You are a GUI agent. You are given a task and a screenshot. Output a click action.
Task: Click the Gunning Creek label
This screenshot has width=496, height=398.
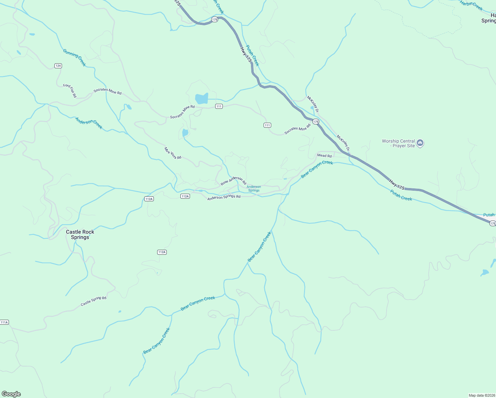coord(74,57)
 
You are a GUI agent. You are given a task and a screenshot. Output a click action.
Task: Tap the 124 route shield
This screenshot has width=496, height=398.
coord(58,66)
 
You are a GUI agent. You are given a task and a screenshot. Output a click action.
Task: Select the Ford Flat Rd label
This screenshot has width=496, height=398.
coord(70,91)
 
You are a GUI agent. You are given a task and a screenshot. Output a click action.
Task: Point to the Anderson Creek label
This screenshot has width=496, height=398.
coord(89,123)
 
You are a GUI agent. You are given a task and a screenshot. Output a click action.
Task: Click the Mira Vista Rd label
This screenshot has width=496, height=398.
coord(173,153)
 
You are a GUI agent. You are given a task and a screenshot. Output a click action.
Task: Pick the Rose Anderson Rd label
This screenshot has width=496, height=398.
coord(233,180)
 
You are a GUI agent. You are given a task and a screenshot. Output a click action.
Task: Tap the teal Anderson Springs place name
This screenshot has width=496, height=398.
coord(254,189)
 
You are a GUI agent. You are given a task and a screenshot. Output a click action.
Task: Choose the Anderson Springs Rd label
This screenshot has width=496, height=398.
coord(224,197)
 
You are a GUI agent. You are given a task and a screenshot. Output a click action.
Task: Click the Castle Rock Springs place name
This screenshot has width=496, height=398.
coord(80,234)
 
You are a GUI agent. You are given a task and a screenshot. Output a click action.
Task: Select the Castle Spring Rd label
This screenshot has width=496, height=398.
coord(93,301)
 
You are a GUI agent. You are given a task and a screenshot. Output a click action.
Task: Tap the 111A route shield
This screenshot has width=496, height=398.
coord(4,322)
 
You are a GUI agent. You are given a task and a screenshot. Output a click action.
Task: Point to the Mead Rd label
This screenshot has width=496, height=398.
coord(324,156)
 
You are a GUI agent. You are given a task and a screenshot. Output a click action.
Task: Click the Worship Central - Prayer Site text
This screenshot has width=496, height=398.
coord(398,143)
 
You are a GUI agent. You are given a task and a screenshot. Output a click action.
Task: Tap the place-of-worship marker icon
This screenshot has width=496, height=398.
coord(420,143)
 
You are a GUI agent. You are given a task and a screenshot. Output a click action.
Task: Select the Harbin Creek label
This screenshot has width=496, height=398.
coord(471,5)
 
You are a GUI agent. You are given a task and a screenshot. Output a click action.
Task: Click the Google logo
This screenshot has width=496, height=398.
coord(11,394)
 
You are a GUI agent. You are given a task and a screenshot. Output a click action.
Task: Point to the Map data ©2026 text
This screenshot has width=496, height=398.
coord(482,395)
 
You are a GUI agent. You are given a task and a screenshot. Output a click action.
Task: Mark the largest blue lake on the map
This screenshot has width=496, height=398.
coord(202,99)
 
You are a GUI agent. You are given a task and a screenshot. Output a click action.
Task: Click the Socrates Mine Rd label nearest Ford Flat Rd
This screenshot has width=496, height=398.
coord(107,91)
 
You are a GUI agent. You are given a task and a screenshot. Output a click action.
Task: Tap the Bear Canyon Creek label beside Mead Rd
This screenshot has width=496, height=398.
coord(317,169)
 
